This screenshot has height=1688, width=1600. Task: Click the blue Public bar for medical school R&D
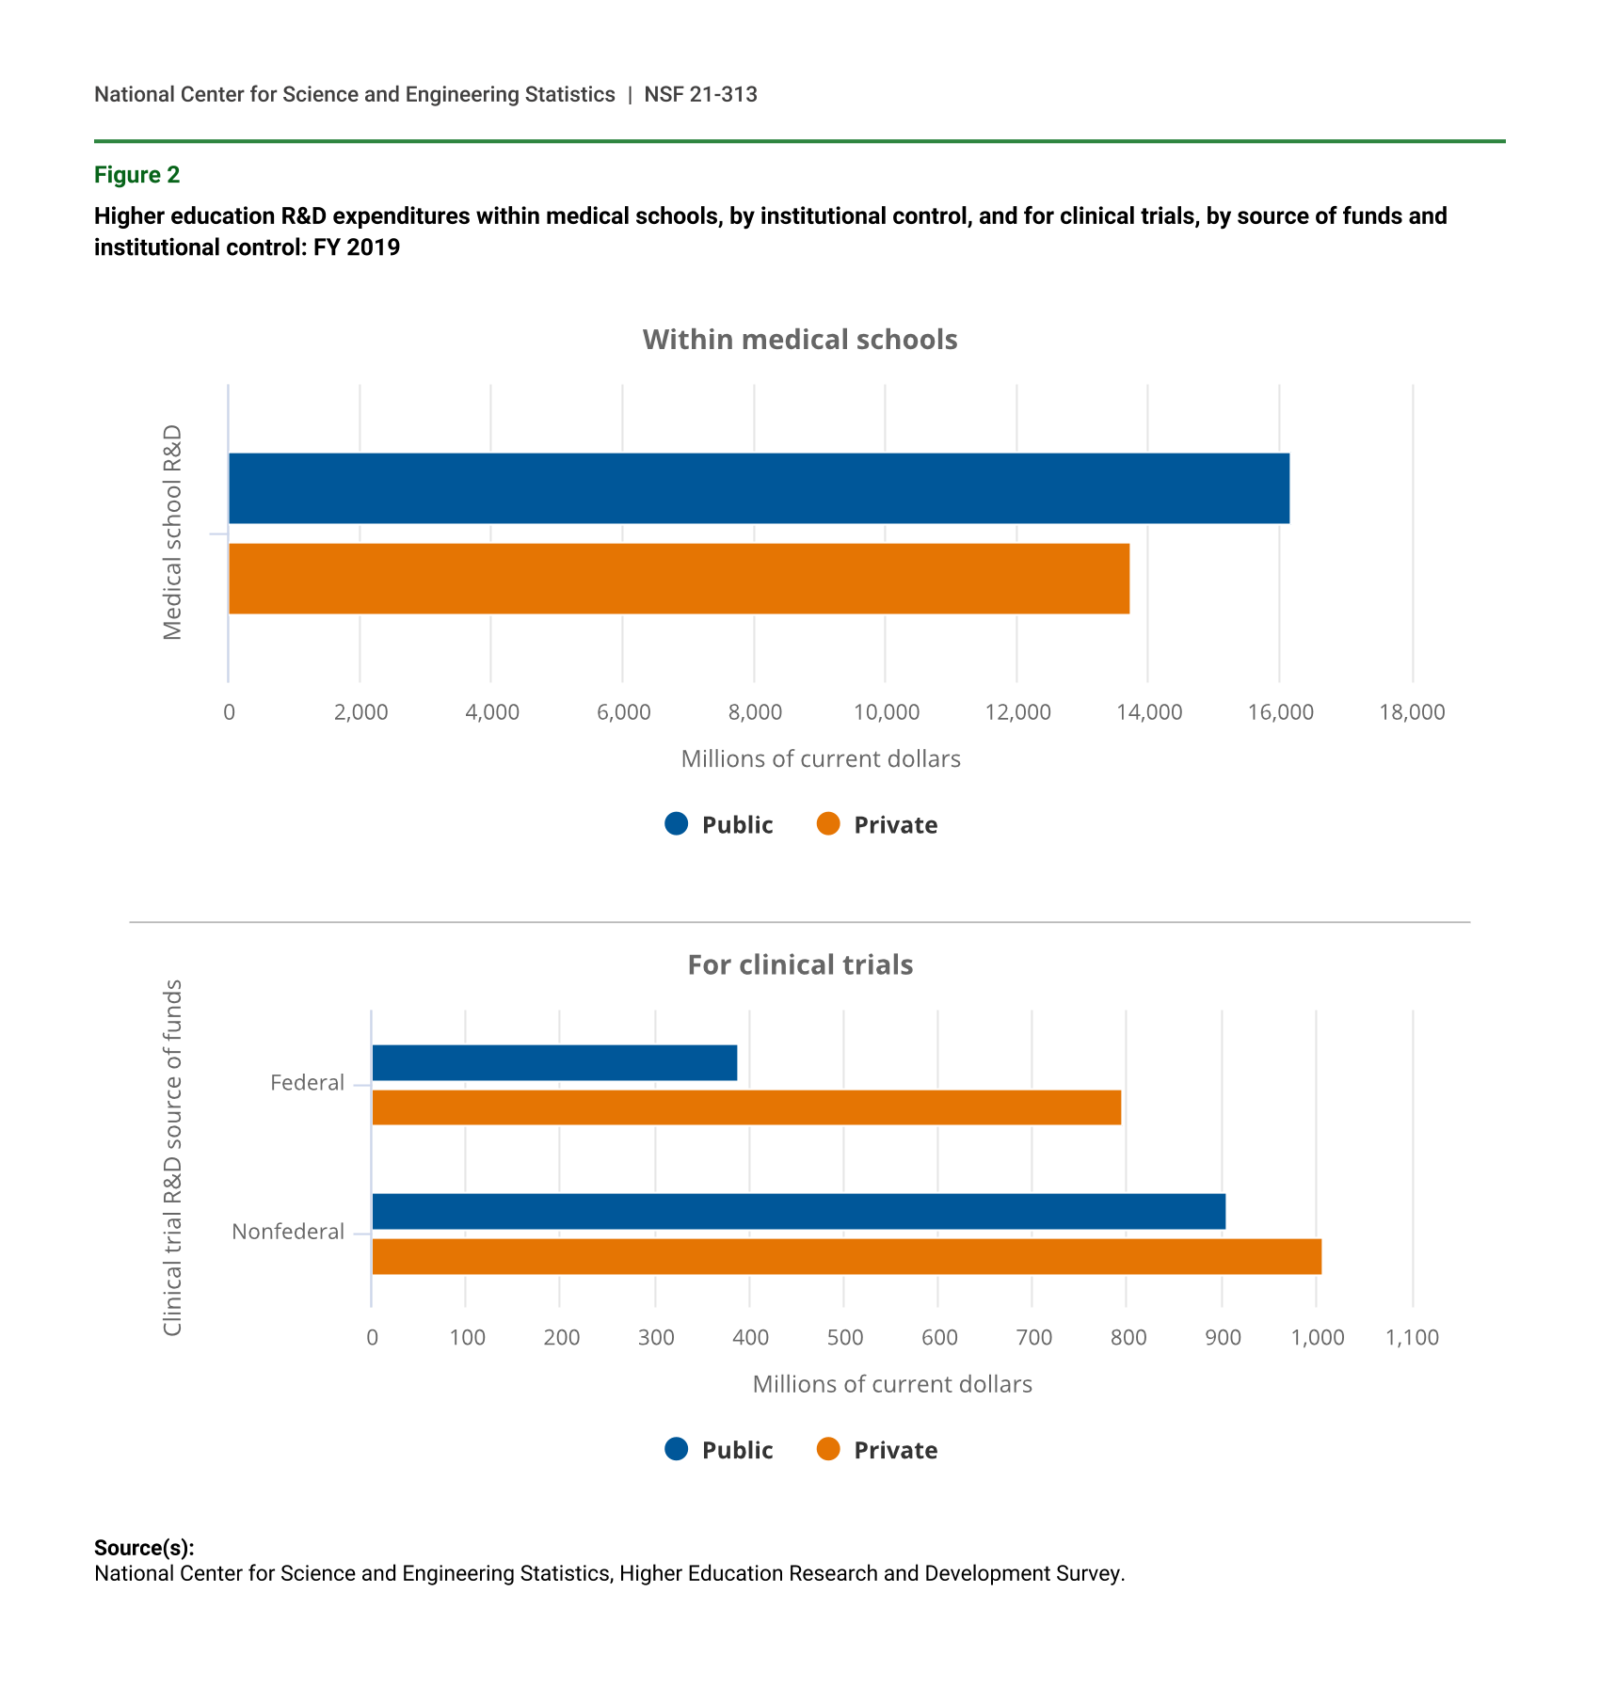(x=759, y=488)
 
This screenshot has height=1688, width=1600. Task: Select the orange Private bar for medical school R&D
(x=679, y=579)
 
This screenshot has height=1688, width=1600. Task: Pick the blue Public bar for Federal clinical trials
(x=554, y=1062)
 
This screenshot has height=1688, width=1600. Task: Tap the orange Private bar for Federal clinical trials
(x=746, y=1107)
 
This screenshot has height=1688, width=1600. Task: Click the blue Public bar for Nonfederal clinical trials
(x=798, y=1211)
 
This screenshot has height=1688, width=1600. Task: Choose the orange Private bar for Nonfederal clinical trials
(x=846, y=1257)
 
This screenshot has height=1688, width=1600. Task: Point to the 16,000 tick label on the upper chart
(x=1280, y=712)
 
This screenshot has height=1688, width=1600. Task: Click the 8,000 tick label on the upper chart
(x=755, y=712)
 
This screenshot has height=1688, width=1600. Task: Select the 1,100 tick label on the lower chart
(x=1412, y=1338)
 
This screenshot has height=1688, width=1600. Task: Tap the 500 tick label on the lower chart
(x=844, y=1338)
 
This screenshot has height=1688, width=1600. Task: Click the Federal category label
(x=307, y=1083)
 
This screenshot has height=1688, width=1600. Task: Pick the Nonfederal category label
(x=288, y=1232)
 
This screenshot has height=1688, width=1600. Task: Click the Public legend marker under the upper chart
(x=677, y=824)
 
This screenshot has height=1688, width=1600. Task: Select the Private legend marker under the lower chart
(x=828, y=1450)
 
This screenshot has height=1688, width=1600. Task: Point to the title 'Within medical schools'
(x=800, y=340)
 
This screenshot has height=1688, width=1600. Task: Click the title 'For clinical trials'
(x=800, y=965)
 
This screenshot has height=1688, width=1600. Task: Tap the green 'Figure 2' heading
(x=136, y=175)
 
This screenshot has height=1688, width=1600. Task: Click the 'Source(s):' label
(x=144, y=1548)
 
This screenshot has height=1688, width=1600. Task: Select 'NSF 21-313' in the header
(x=700, y=94)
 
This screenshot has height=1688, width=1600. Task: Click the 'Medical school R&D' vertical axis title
(x=172, y=533)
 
